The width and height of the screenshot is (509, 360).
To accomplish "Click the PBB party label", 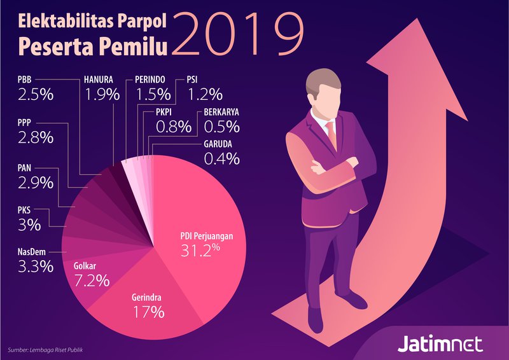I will (x=24, y=81).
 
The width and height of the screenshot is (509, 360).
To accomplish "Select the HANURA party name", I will (x=99, y=81).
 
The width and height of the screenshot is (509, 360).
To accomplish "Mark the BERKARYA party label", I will (x=222, y=113).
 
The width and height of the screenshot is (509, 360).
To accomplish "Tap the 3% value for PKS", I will (x=29, y=225).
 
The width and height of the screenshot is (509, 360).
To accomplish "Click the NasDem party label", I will (x=31, y=253).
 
